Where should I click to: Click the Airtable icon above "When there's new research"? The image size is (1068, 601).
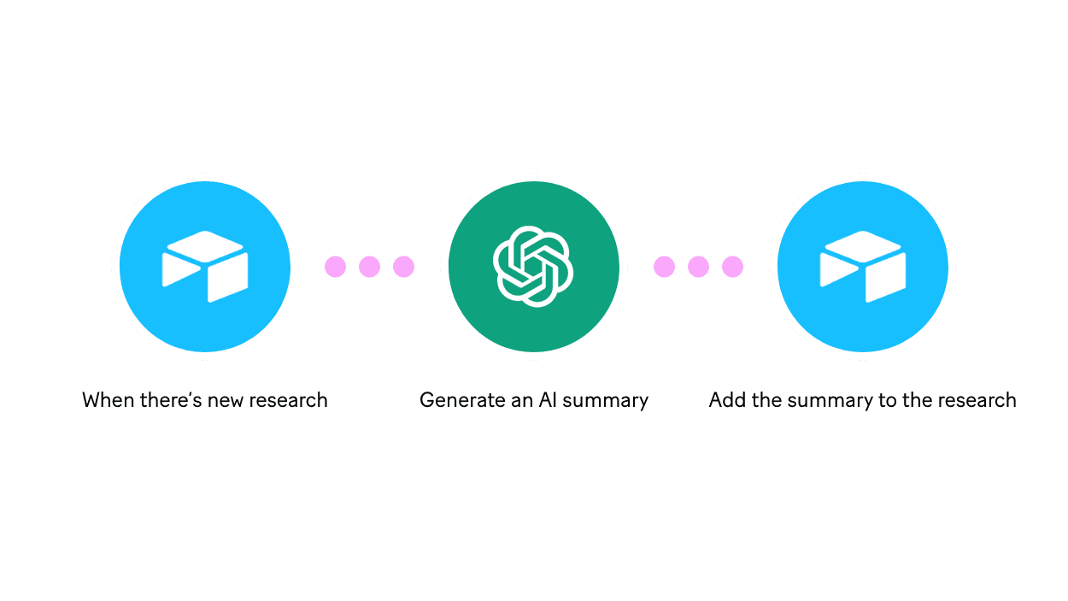(205, 267)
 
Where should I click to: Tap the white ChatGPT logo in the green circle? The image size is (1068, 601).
(533, 267)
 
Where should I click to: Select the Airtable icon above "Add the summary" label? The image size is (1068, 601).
(862, 267)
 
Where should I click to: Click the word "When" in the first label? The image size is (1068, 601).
(103, 400)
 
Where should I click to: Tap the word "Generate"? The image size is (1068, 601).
(461, 400)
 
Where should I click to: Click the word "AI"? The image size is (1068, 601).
(548, 400)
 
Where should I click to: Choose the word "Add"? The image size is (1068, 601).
(727, 400)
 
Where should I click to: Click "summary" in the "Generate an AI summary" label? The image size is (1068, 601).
(606, 400)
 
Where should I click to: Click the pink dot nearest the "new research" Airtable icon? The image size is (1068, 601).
(335, 267)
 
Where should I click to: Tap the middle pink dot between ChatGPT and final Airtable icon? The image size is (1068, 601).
(698, 267)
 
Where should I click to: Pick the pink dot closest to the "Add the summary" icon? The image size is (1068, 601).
(732, 267)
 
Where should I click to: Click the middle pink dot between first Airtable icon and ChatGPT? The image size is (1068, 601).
(369, 267)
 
